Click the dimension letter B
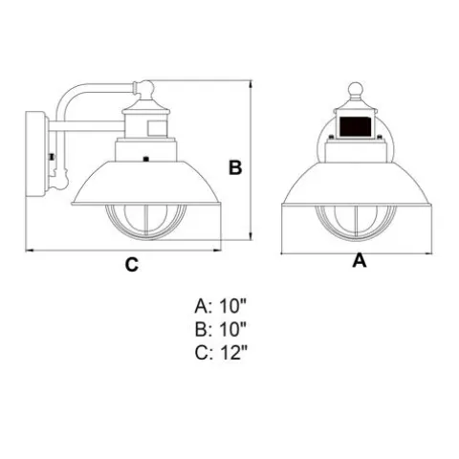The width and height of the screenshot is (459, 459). [x=235, y=167]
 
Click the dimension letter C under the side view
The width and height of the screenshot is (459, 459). [x=132, y=264]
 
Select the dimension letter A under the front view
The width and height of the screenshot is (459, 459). [x=360, y=261]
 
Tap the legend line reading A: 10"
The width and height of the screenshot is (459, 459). [x=221, y=306]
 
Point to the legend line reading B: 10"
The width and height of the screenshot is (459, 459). [x=221, y=330]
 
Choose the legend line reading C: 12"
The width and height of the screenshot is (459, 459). [x=221, y=353]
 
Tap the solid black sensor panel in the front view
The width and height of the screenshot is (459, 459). [x=356, y=126]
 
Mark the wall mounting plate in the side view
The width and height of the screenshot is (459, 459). [x=35, y=154]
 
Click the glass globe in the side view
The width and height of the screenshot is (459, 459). [x=145, y=222]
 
